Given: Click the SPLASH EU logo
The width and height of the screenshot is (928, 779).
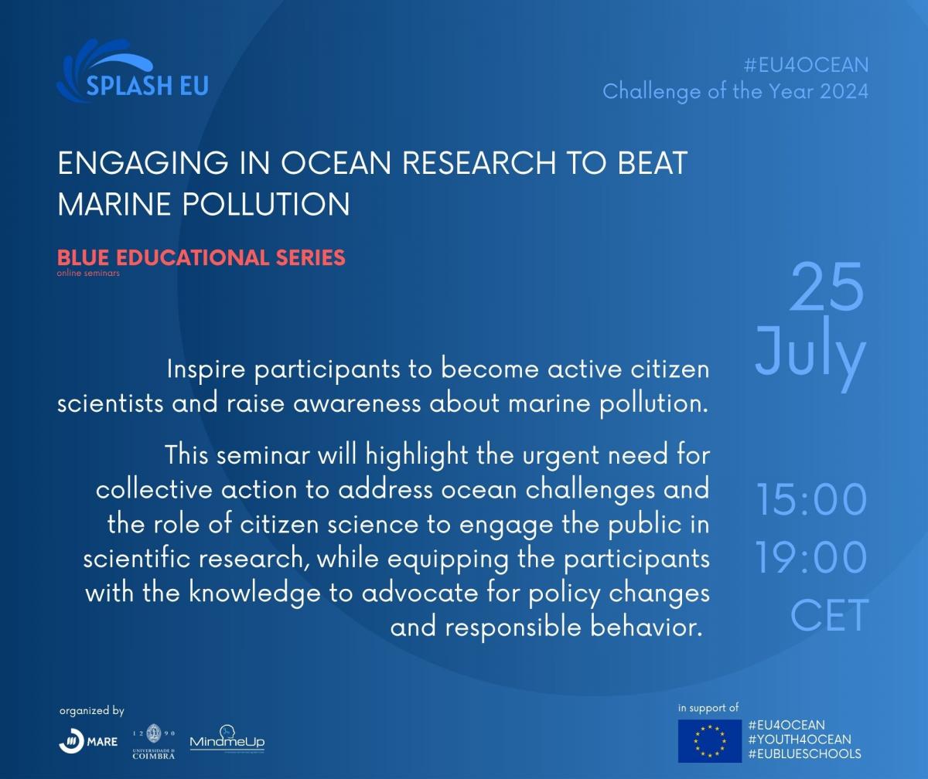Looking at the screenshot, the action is [132, 71].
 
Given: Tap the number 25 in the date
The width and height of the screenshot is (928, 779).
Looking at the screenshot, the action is [827, 287].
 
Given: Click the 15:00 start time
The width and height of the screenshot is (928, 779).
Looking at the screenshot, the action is [811, 500].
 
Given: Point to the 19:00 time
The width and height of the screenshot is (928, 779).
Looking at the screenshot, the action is [811, 557].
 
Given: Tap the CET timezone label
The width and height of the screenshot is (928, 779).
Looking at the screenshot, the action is [829, 615].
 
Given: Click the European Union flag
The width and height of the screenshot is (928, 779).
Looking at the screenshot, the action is [710, 741].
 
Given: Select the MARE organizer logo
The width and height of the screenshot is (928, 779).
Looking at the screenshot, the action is [88, 741].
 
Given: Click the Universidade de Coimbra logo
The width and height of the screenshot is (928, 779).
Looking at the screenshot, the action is [154, 741].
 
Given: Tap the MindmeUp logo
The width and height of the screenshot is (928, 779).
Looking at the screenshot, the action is [227, 740].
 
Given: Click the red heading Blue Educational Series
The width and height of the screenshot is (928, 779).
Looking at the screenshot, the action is [201, 257].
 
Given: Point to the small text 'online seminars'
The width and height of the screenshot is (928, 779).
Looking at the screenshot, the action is [88, 273].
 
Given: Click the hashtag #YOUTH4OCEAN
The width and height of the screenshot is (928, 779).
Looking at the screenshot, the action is [800, 740].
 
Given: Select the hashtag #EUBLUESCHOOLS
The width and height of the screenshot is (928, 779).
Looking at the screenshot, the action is [805, 754].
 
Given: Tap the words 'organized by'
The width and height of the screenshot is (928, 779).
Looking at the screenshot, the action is [91, 711].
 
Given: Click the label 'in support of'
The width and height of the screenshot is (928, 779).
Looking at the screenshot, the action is [708, 708].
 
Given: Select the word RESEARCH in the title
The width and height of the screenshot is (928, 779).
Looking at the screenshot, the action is [479, 163].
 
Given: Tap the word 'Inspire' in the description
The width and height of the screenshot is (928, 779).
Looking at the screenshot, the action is [206, 369].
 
